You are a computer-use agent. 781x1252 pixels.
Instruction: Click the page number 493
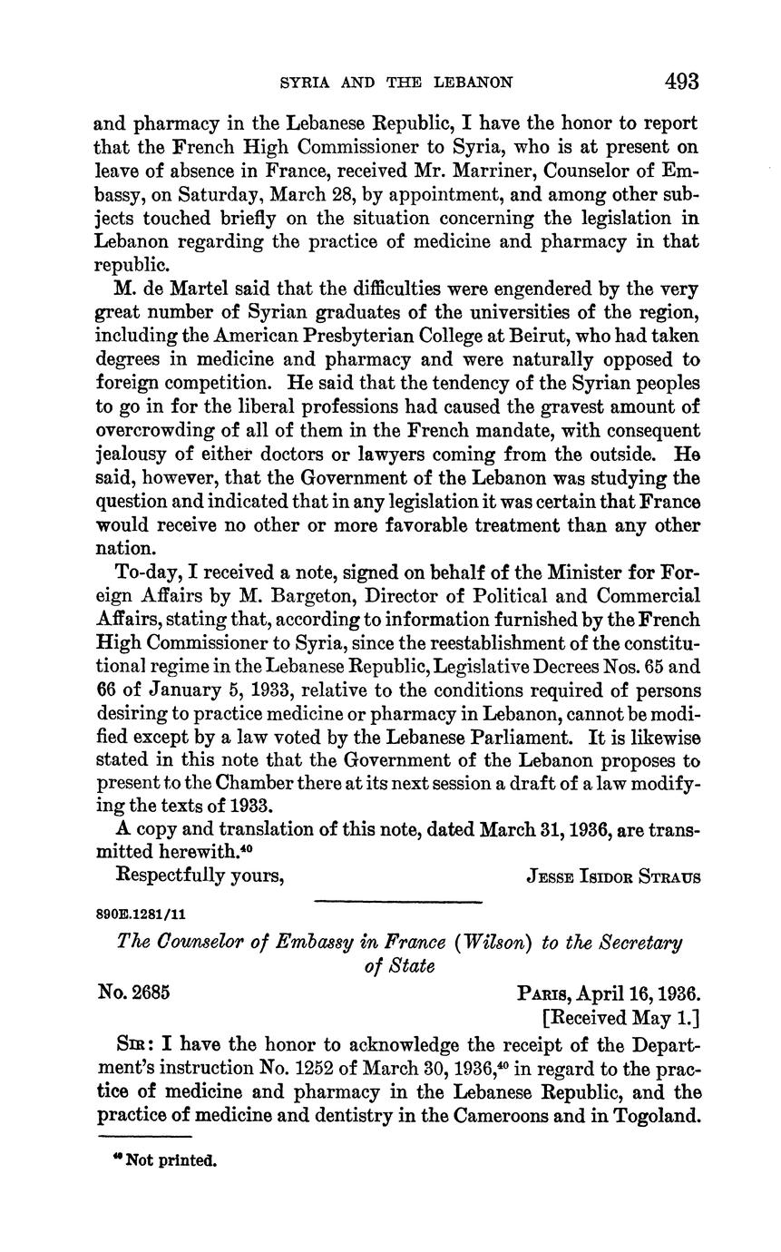tap(681, 82)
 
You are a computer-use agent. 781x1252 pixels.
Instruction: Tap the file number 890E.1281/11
tap(141, 915)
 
